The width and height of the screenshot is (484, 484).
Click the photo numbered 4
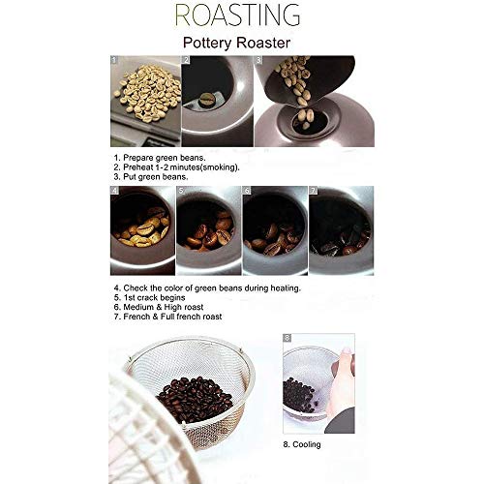coord(140,230)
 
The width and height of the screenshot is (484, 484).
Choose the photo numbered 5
coord(207,230)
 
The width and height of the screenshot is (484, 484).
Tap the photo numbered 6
coord(274,230)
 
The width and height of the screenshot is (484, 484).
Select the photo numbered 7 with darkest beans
coord(341,230)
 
